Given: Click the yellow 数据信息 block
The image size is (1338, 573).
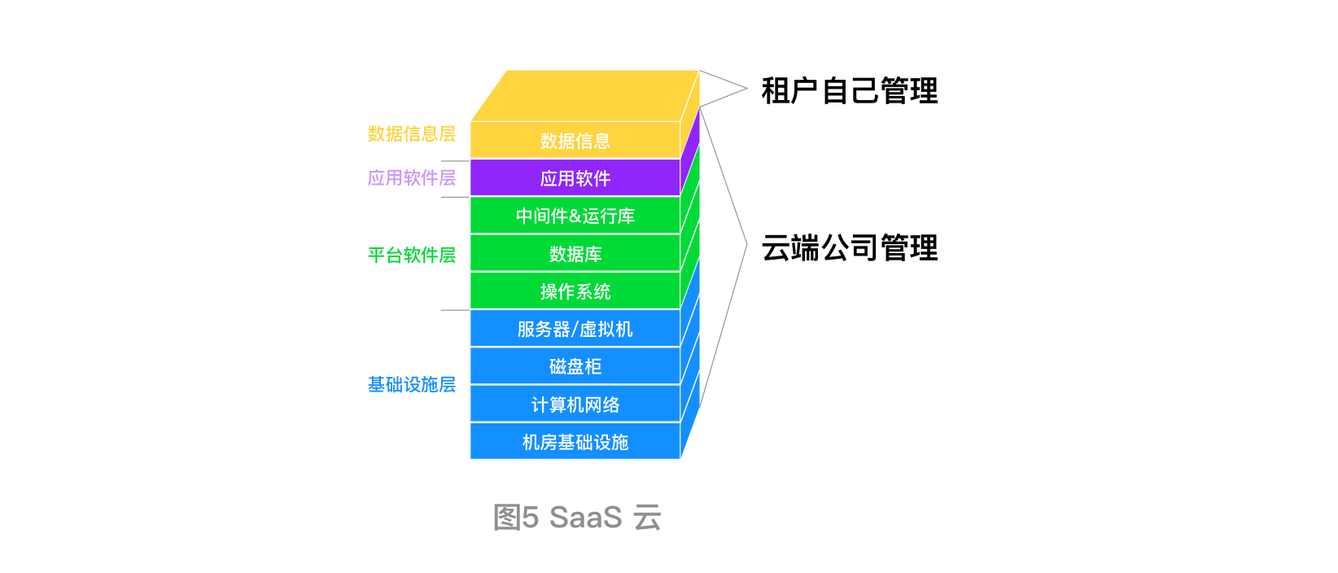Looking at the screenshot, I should click(575, 141).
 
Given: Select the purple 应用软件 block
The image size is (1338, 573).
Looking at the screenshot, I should click(575, 178).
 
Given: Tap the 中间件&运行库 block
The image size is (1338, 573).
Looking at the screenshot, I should click(575, 216).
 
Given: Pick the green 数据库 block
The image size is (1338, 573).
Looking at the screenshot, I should click(575, 254).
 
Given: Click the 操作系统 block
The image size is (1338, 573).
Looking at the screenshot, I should click(575, 291).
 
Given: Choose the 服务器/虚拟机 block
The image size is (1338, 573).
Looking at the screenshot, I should click(575, 329).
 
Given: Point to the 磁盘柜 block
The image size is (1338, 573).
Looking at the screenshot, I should click(575, 366).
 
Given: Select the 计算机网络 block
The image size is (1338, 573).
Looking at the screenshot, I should click(575, 405).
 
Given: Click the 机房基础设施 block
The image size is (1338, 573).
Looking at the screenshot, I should click(575, 442).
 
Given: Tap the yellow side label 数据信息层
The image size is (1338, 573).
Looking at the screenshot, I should click(411, 133).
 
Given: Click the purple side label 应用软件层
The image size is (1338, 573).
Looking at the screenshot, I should click(411, 177).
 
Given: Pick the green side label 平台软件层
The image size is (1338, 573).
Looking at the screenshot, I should click(411, 255).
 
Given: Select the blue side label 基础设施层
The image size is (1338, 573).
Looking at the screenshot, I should click(411, 384).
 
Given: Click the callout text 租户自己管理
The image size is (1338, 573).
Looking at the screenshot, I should click(849, 90).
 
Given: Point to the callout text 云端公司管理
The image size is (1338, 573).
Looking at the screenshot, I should click(849, 247).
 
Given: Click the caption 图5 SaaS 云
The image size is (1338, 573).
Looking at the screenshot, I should click(577, 517).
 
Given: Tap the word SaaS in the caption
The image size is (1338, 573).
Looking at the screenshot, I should click(585, 517).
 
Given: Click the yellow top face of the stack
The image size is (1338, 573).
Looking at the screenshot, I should click(584, 95).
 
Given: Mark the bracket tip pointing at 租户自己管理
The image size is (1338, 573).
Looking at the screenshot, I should click(746, 88).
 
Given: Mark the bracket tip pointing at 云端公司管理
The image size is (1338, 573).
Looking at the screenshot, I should click(746, 243).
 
